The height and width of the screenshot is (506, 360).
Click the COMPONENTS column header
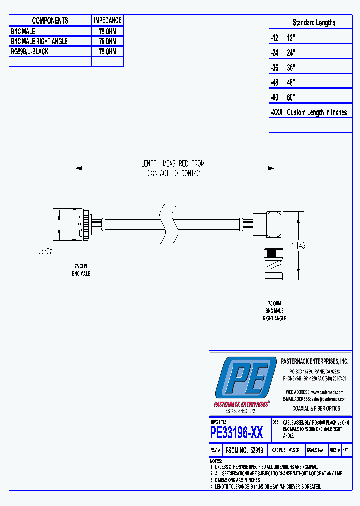point(50,20)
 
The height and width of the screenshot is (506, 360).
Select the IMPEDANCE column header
point(107,20)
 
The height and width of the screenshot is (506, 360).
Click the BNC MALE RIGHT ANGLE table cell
point(39,41)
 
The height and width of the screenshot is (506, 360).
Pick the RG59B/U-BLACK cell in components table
point(30,51)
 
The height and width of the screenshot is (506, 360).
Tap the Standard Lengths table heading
point(314,22)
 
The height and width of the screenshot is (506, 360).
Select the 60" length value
point(291,97)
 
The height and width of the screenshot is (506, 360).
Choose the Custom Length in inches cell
point(317,112)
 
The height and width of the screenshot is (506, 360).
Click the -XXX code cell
point(276,112)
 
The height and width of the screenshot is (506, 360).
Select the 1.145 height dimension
point(298,246)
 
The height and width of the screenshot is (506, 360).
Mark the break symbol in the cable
point(168,225)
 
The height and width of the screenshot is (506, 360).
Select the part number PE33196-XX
point(237,432)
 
